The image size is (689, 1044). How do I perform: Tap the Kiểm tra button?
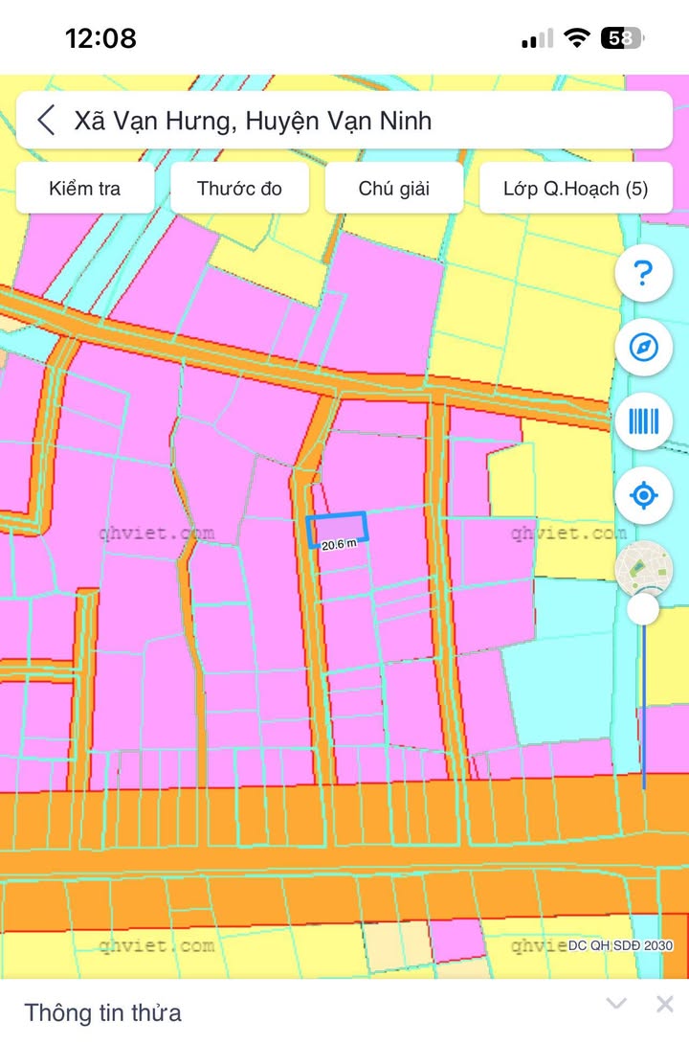pos(85,188)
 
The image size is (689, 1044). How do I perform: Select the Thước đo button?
pos(239,188)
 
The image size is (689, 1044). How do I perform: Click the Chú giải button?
pos(393,188)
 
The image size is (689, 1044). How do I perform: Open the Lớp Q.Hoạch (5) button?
pos(575,188)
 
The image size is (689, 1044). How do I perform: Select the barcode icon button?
pos(643,421)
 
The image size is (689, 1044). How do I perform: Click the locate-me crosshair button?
pos(643,496)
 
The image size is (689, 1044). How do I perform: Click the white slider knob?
pos(643,609)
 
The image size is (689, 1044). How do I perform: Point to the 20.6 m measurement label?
pos(339,544)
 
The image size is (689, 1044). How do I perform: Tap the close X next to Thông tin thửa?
pos(664,1004)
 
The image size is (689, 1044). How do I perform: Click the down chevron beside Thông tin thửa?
pos(617,1004)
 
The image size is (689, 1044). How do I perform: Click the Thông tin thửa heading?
pos(102,1012)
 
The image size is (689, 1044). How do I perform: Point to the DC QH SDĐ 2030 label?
pos(621,945)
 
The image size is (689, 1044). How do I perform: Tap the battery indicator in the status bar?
pos(622,38)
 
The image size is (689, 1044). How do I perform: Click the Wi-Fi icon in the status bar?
pos(576,38)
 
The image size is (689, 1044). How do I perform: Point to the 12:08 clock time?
pos(100,38)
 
